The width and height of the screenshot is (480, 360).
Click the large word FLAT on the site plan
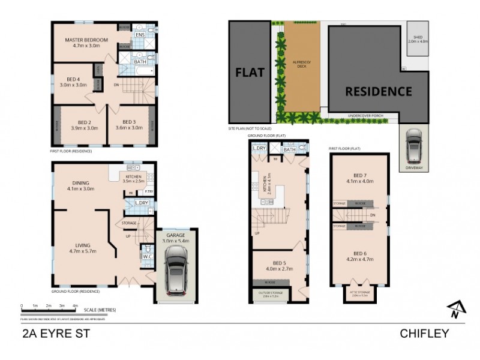248,73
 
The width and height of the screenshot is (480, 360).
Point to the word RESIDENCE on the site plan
378,92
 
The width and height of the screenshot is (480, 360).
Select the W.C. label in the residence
146,256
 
